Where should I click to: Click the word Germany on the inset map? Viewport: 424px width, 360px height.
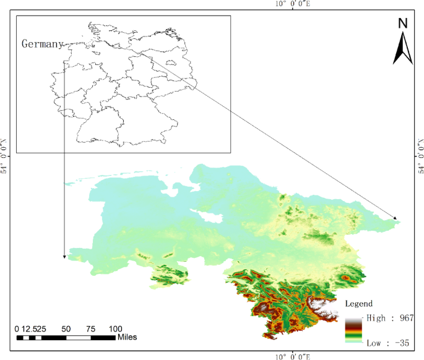pos(43,44)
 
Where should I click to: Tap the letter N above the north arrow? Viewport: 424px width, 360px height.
pos(403,24)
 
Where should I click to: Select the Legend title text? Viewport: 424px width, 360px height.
pos(359,304)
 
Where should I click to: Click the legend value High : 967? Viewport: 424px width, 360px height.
pos(389,317)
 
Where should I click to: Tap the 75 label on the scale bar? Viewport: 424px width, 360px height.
pos(90,328)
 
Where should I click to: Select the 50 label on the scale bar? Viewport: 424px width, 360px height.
pos(66,328)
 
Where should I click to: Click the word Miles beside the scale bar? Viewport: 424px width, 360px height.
pos(126,337)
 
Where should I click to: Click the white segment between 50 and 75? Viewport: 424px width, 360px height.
pos(78,338)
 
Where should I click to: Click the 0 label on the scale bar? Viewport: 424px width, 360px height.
pos(17,328)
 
